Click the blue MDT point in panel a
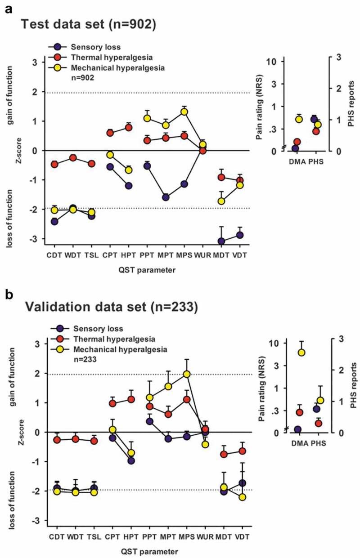point(221,241)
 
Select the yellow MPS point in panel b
point(187,374)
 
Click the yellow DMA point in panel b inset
point(301,353)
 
